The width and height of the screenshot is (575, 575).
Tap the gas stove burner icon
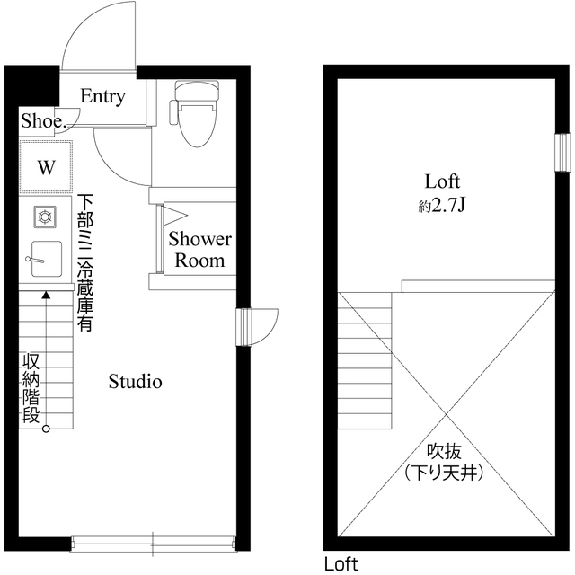coord(45,217)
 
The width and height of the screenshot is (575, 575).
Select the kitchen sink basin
coord(46,259)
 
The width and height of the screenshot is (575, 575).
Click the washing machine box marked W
coord(46,167)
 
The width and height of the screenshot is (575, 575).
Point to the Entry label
coord(102,96)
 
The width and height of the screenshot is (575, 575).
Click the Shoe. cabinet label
coord(43,120)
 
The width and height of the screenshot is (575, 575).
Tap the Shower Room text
coord(199,250)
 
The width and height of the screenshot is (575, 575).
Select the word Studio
coord(136,381)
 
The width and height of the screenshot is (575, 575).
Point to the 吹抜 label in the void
coord(444,452)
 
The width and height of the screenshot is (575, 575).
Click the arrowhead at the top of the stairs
coord(46,295)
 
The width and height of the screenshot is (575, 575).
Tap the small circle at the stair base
coord(46,429)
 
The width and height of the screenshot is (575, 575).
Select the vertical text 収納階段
coord(31,388)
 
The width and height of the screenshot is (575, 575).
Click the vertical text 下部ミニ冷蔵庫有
coord(84,262)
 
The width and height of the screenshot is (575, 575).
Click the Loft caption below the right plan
coord(341,563)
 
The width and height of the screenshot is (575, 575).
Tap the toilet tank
coord(197,91)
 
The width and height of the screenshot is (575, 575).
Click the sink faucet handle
coord(35,260)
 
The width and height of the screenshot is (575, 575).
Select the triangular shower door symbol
coord(175,215)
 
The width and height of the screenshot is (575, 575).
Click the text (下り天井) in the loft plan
coord(444,473)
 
